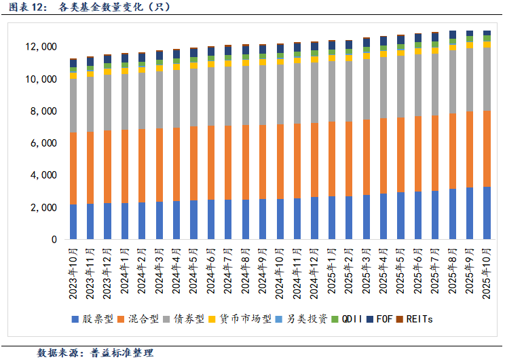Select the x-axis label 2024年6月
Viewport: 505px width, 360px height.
211,272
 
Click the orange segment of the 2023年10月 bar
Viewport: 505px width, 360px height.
73,168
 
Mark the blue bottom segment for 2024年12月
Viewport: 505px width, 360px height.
314,218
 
